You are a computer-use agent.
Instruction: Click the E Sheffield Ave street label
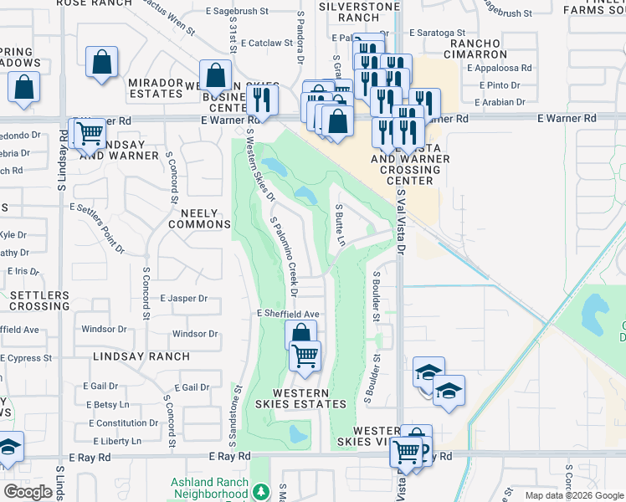(288, 314)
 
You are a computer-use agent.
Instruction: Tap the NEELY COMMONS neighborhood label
(199, 219)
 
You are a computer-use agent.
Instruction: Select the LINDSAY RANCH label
(141, 356)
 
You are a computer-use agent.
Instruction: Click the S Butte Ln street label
(340, 224)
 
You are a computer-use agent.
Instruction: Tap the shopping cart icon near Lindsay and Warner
(89, 133)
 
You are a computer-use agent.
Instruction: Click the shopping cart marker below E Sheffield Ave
(305, 356)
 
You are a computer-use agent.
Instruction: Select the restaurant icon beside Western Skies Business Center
(263, 101)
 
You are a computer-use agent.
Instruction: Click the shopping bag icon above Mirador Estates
(101, 62)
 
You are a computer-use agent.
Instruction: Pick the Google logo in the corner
(28, 492)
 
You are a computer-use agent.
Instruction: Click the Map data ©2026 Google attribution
(573, 495)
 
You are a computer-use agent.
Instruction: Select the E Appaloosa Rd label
(500, 69)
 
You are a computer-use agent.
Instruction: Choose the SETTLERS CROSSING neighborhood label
(40, 301)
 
